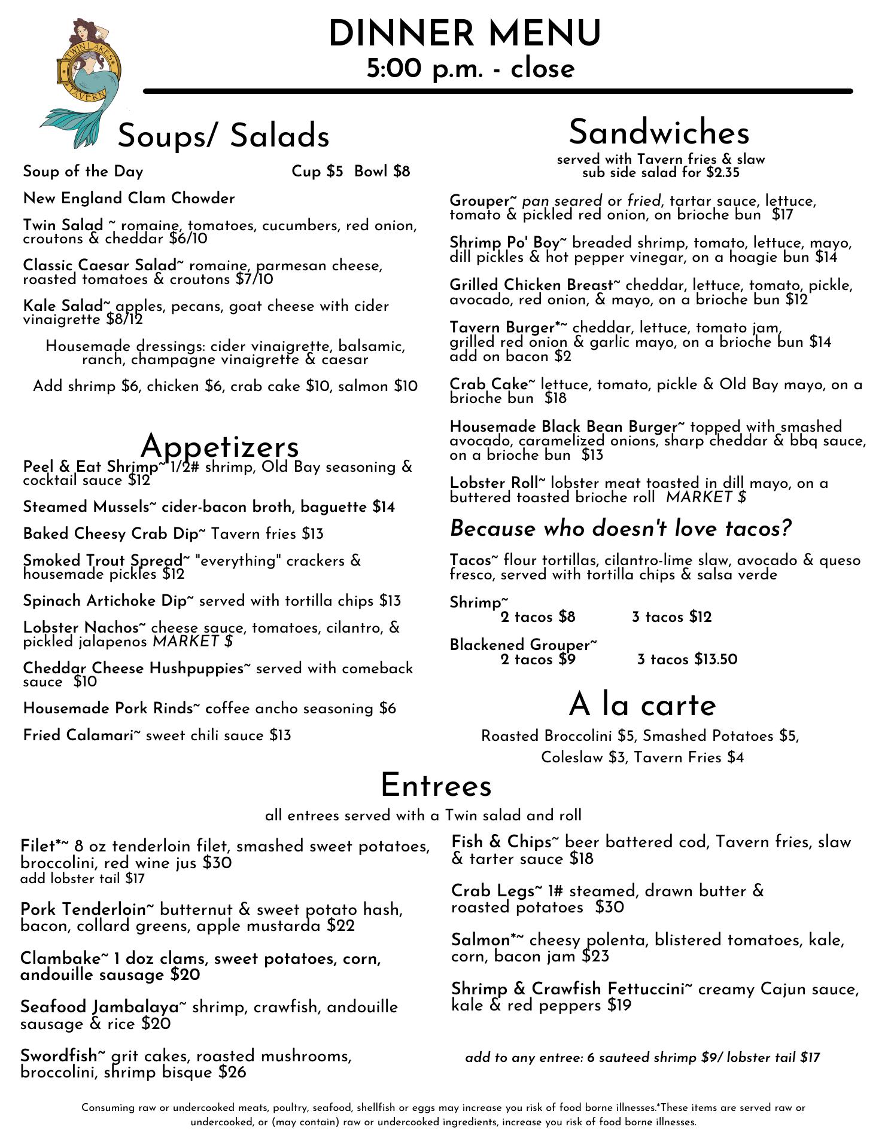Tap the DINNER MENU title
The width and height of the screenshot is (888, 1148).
[464, 33]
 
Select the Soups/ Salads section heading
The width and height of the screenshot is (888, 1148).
[223, 136]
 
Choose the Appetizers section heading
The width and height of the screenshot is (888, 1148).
[220, 446]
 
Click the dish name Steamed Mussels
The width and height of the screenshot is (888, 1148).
[86, 507]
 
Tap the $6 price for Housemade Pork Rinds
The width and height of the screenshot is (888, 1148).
[387, 709]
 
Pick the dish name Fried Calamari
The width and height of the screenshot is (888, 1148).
[78, 735]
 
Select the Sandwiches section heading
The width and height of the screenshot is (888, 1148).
[659, 132]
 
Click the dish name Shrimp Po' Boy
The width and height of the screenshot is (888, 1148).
[504, 243]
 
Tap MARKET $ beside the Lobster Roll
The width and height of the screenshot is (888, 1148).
[706, 497]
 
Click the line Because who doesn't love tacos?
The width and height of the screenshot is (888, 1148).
[621, 529]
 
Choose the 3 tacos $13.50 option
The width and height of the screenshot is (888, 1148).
[687, 660]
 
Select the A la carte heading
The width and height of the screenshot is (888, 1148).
[642, 705]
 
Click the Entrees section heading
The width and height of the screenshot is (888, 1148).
[436, 785]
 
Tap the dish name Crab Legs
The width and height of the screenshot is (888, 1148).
[492, 891]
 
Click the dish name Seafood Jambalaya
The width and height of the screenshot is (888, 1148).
[99, 1007]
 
